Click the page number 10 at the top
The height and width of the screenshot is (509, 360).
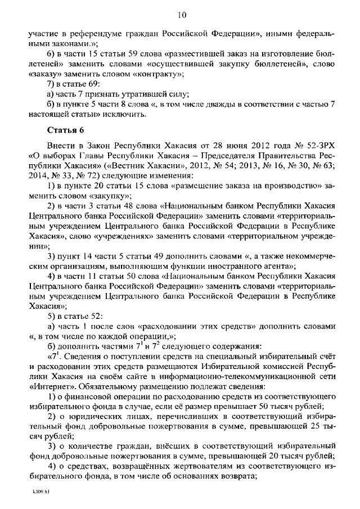coord(181,14)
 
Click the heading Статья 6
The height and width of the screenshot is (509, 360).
coord(66,130)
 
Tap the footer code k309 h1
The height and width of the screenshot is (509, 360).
coord(41,490)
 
